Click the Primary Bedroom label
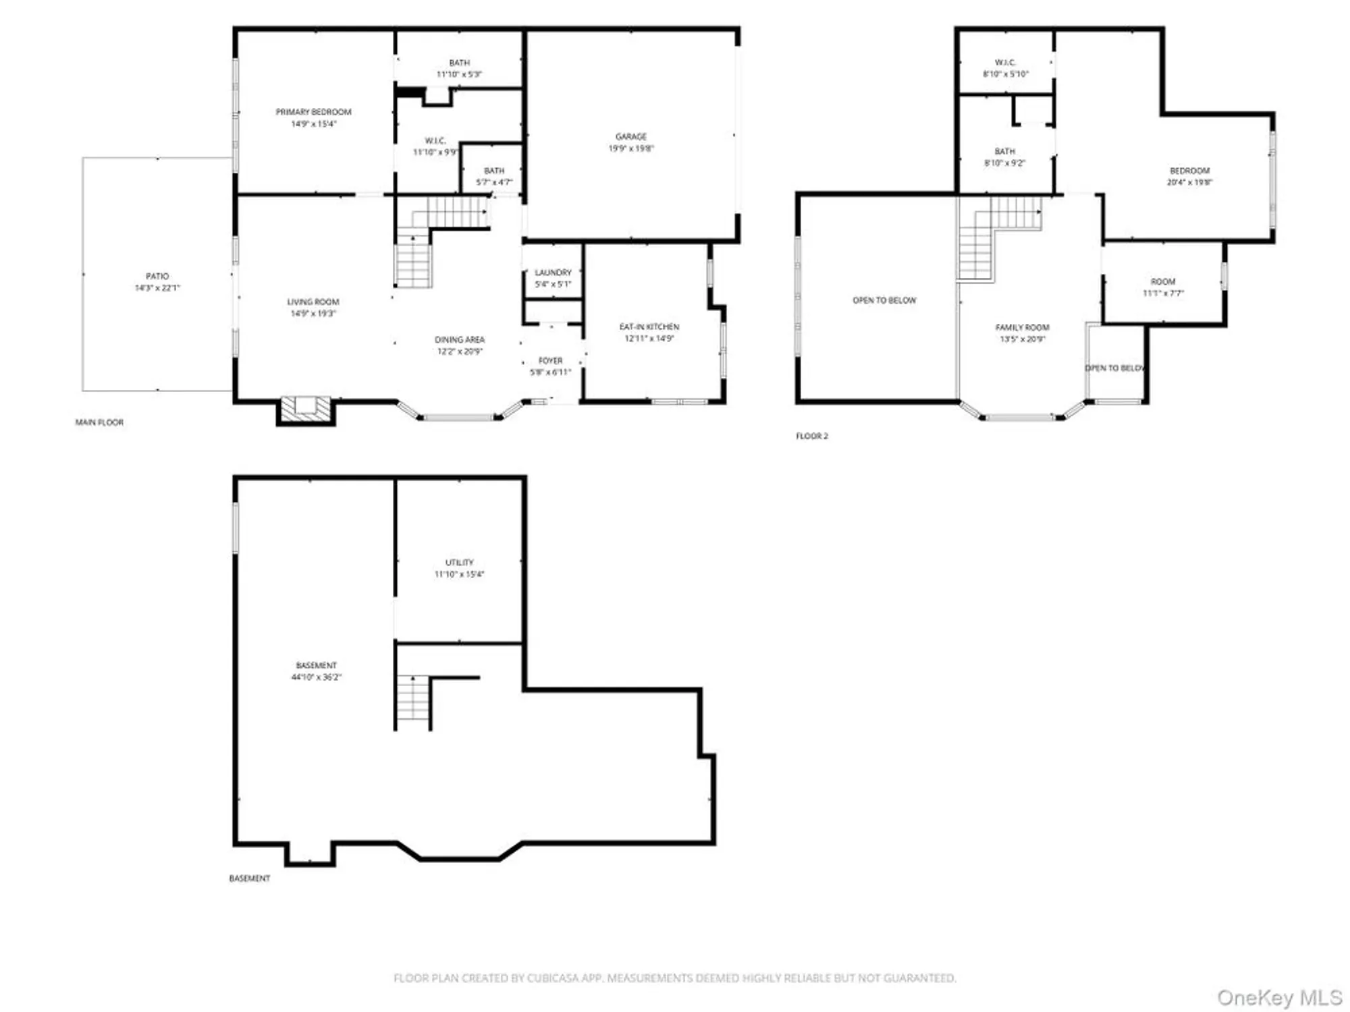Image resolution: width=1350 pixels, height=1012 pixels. (x=313, y=112)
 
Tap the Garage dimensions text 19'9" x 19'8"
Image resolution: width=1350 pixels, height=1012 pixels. (x=631, y=148)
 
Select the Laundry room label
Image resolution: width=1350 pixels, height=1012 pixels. (x=553, y=273)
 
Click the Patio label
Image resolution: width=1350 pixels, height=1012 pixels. (x=157, y=276)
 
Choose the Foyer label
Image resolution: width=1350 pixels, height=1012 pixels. (x=550, y=361)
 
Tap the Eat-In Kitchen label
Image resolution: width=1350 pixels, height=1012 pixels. (x=649, y=327)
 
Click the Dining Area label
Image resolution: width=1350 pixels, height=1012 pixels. (x=459, y=339)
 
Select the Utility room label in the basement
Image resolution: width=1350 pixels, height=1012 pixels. (x=459, y=563)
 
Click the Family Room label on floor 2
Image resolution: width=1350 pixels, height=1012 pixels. (x=1022, y=327)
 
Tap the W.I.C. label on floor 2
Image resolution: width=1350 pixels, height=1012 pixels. (x=1005, y=63)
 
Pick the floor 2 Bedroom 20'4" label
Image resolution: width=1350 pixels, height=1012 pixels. (x=1189, y=171)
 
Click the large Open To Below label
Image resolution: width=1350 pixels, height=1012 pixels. (x=884, y=300)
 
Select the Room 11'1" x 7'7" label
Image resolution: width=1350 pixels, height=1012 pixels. (x=1162, y=281)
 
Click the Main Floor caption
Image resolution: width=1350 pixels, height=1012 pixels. (x=99, y=422)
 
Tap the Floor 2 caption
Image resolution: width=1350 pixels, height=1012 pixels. (x=811, y=437)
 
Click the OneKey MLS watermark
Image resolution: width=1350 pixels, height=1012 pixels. (x=1278, y=997)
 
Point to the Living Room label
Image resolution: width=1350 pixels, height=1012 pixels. (x=313, y=302)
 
